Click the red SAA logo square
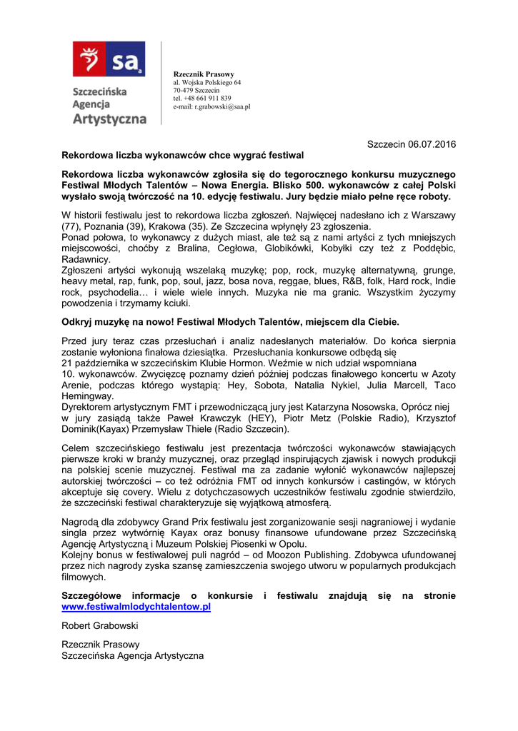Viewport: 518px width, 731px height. coord(109,59)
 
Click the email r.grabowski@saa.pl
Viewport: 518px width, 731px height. coord(221,106)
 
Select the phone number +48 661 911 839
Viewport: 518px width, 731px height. coord(207,99)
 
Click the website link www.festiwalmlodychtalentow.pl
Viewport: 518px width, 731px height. coord(136,607)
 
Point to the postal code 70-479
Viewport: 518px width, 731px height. coord(182,91)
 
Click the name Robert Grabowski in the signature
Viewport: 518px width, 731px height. coord(100,625)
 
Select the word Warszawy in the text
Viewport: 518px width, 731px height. coord(433,215)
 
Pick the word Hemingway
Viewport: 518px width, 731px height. coord(87,396)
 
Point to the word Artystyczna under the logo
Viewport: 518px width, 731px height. coord(109,119)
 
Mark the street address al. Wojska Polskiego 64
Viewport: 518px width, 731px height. coord(206,83)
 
